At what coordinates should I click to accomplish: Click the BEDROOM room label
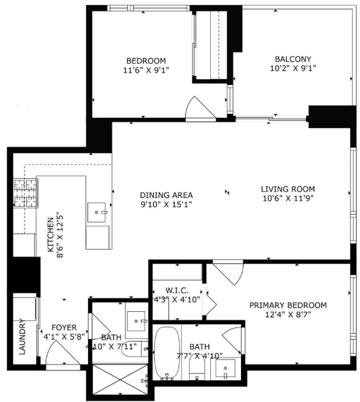pyautogui.click(x=146, y=60)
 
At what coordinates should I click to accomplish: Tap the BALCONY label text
pyautogui.click(x=293, y=59)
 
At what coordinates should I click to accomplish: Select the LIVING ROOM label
pyautogui.click(x=288, y=189)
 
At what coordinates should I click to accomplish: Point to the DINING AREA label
pyautogui.click(x=166, y=195)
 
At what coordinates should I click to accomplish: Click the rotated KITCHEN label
pyautogui.click(x=51, y=235)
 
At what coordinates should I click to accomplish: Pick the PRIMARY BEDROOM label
pyautogui.click(x=288, y=306)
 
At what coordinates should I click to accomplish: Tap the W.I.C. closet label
pyautogui.click(x=177, y=291)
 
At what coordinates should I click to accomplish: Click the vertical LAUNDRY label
pyautogui.click(x=22, y=336)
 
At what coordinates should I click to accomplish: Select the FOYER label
pyautogui.click(x=64, y=327)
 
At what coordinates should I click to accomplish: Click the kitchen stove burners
pyautogui.click(x=26, y=194)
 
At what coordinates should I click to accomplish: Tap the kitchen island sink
pyautogui.click(x=96, y=212)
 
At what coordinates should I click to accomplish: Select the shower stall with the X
pyautogui.click(x=120, y=379)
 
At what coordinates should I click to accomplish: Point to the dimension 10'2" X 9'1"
pyautogui.click(x=293, y=68)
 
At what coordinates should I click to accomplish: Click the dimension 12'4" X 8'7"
pyautogui.click(x=288, y=315)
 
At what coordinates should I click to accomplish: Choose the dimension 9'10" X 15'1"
pyautogui.click(x=166, y=205)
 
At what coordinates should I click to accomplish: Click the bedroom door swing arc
pyautogui.click(x=201, y=107)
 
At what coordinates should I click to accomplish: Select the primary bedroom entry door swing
pyautogui.click(x=228, y=272)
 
